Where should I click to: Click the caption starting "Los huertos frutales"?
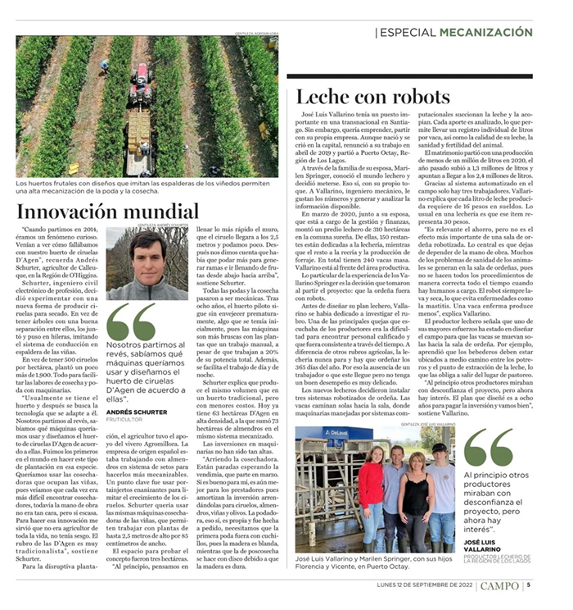coord(144,188)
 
